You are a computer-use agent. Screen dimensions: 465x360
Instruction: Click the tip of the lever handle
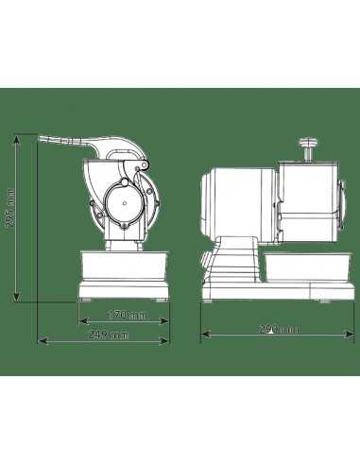coord(43,139)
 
